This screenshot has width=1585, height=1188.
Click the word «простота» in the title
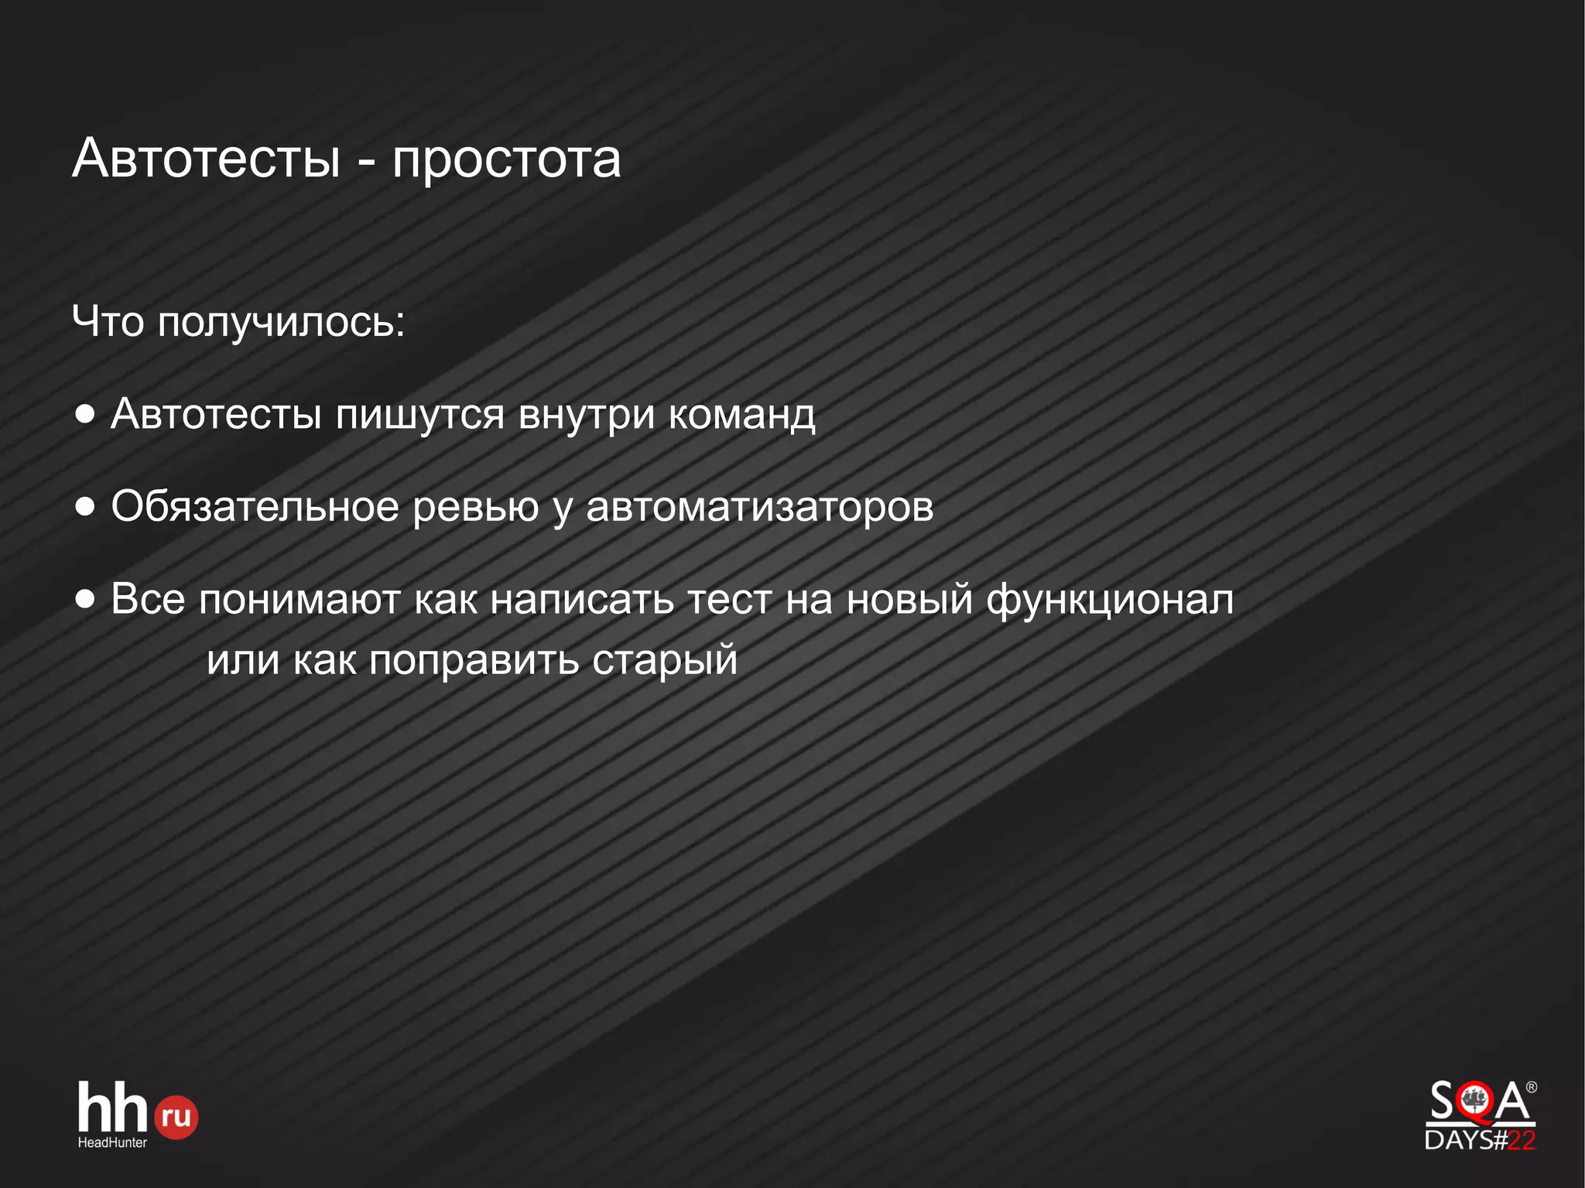(x=506, y=160)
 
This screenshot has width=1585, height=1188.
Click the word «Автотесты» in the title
(x=206, y=159)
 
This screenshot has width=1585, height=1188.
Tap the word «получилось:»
(x=281, y=322)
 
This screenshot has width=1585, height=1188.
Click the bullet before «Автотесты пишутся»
(x=85, y=414)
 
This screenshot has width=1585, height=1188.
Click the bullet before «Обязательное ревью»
(x=85, y=507)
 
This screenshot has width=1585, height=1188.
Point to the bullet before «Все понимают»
(x=85, y=598)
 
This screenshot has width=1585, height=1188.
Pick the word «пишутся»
(x=419, y=416)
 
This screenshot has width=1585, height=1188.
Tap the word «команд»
(x=741, y=414)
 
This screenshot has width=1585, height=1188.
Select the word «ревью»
(x=475, y=508)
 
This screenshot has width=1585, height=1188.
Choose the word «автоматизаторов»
(x=760, y=508)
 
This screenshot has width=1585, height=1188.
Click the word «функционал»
(x=1110, y=600)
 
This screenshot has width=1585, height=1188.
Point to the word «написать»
(x=582, y=600)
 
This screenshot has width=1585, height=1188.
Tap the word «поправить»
(x=474, y=661)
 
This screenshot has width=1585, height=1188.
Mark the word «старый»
(x=665, y=661)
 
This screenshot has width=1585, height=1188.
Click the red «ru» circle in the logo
(x=176, y=1117)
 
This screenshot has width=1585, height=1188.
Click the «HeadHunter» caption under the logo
(x=112, y=1142)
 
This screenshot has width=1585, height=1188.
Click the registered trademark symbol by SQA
(x=1531, y=1087)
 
